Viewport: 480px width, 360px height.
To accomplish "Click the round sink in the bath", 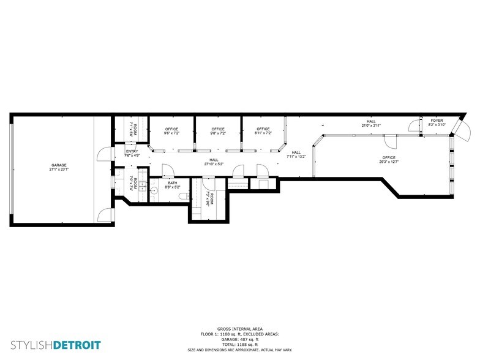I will tap(154, 191).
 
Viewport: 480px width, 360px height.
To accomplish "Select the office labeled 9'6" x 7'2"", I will tap(172, 130).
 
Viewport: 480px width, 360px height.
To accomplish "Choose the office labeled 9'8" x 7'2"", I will tap(218, 130).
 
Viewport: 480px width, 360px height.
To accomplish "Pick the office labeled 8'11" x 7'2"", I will tap(263, 130).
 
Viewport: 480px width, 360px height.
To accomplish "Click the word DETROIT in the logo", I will tap(77, 345).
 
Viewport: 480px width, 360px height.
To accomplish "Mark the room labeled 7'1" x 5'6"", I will tap(135, 129).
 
